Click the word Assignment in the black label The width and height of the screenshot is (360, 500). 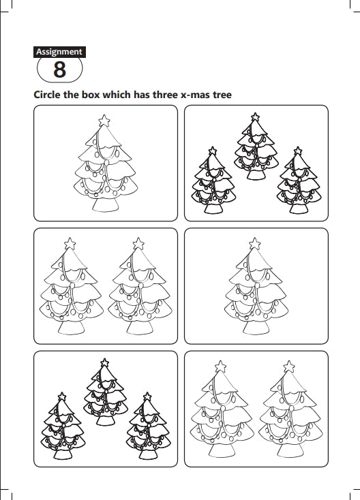tap(59, 52)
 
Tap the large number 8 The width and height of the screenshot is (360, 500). tap(60, 69)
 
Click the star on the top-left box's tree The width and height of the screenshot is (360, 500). tap(104, 121)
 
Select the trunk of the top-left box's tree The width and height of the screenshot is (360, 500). tap(106, 205)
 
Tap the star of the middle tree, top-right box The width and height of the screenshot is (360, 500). tap(255, 116)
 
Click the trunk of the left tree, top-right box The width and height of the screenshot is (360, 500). tap(213, 208)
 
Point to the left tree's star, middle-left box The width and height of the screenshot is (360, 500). tap(70, 244)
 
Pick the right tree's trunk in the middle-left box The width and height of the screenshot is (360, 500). tap(140, 328)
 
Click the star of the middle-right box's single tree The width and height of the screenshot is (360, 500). tap(255, 244)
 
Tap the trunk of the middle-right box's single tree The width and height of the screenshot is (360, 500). tap(256, 328)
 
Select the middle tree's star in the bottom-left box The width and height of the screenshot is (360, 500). tap(105, 362)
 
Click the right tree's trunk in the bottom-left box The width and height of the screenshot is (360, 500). tap(148, 454)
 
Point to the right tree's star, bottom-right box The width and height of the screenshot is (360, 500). tap(289, 366)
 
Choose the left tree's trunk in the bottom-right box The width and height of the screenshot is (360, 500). tap(222, 450)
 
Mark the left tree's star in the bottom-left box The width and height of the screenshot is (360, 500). tap(62, 396)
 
